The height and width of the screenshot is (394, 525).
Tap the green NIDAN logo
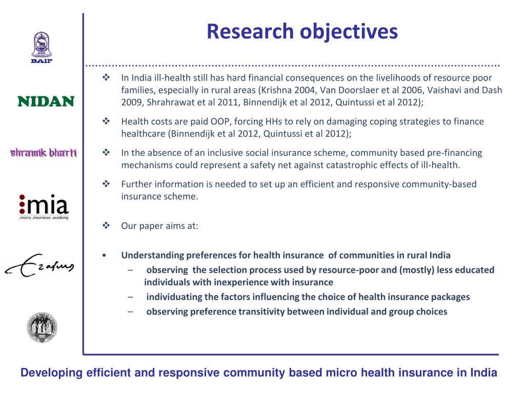click(46, 101)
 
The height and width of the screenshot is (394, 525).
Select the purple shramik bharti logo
click(44, 153)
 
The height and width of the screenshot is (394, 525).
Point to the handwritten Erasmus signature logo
click(39, 266)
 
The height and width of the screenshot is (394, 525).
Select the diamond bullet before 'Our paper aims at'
click(107, 225)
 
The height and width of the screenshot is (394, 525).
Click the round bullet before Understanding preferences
click(105, 255)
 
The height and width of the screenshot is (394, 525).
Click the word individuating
click(174, 297)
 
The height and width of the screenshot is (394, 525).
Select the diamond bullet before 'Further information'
click(107, 184)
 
